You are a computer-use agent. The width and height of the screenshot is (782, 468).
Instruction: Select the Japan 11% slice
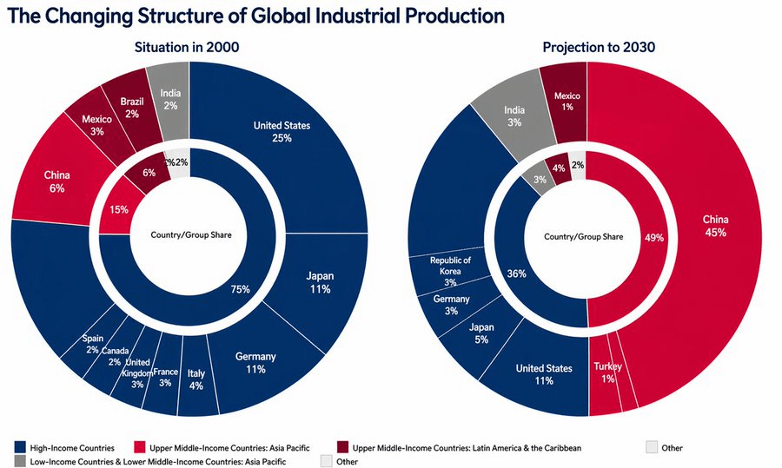click(319, 282)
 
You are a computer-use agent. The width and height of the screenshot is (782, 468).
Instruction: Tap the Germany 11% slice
click(255, 363)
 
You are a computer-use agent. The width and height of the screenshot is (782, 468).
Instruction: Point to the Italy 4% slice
click(195, 379)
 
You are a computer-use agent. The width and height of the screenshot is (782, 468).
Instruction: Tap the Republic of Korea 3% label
click(450, 270)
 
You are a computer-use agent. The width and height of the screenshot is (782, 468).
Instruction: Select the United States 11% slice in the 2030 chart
click(544, 375)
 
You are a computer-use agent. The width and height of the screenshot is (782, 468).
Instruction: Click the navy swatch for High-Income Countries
click(18, 448)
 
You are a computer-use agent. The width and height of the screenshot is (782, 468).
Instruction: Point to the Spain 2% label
click(92, 344)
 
